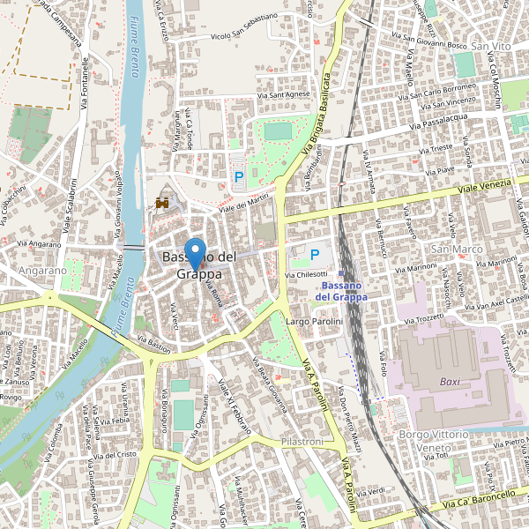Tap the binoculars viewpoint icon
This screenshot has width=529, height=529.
[163, 203]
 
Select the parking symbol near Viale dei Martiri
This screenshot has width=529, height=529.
[238, 177]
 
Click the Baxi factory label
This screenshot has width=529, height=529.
[451, 382]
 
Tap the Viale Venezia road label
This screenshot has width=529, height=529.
[485, 186]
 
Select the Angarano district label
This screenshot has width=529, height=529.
[42, 271]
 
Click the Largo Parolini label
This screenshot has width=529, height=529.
[314, 323]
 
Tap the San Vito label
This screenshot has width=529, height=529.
[491, 46]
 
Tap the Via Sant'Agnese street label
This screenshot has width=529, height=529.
[284, 94]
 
